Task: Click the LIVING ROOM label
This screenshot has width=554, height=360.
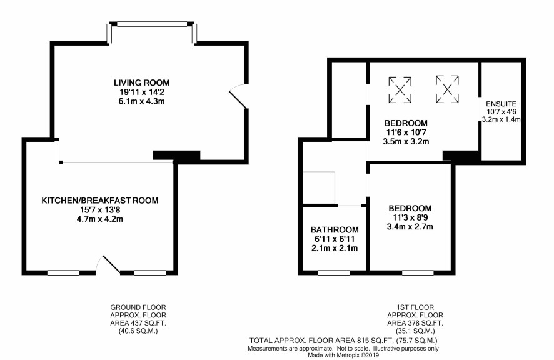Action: [x=142, y=82]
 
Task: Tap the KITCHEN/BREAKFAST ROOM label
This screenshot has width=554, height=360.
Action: [x=100, y=201]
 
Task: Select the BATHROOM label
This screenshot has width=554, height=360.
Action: [x=335, y=229]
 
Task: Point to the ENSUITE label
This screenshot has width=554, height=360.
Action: [x=501, y=104]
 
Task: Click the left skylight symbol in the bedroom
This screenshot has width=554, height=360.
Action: [x=400, y=90]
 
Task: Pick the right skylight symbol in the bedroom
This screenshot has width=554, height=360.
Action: [x=447, y=89]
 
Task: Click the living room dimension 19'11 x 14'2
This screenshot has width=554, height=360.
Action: [x=142, y=92]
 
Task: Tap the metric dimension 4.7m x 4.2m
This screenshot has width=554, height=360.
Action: [x=100, y=219]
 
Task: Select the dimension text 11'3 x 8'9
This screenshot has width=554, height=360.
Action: [x=410, y=217]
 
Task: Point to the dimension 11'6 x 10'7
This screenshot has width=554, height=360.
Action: [x=406, y=132]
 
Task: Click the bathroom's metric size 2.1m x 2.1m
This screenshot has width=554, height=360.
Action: [x=335, y=248]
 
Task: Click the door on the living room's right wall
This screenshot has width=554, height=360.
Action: [x=238, y=96]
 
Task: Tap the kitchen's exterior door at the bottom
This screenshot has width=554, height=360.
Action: [x=108, y=265]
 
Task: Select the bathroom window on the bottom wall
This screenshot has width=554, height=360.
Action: [x=334, y=272]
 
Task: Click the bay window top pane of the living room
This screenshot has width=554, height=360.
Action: [x=152, y=24]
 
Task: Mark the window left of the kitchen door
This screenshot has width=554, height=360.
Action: [x=63, y=272]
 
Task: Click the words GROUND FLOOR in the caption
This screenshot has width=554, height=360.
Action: [x=138, y=307]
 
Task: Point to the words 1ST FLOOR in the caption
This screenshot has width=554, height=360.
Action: [x=415, y=307]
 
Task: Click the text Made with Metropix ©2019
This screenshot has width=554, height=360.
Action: [x=343, y=356]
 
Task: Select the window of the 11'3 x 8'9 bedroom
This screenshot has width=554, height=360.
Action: [x=418, y=272]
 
